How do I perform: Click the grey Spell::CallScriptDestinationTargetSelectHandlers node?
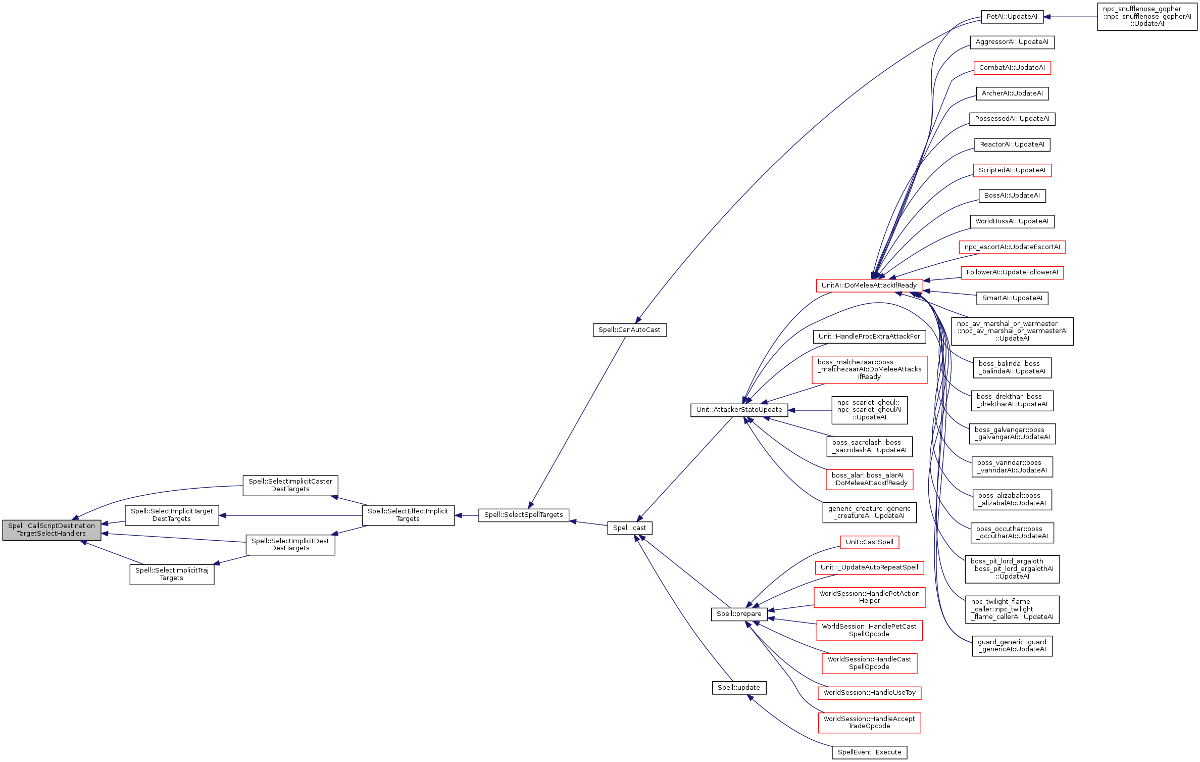(x=52, y=530)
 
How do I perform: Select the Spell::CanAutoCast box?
(x=629, y=330)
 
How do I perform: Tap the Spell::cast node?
(x=629, y=528)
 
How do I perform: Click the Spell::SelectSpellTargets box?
(x=523, y=515)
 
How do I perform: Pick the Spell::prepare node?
(x=739, y=614)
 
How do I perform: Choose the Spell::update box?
(x=739, y=688)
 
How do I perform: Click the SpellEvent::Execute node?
(x=869, y=752)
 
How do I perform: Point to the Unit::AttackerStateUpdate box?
(x=739, y=410)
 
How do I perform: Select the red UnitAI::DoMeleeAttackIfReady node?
(x=869, y=285)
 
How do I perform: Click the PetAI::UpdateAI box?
(x=1012, y=17)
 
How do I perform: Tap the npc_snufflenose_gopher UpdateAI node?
(x=1147, y=17)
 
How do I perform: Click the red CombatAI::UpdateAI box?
(x=1012, y=68)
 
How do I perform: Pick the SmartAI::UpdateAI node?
(x=1012, y=298)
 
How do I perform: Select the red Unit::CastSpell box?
(x=869, y=542)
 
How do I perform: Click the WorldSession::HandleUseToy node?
(x=869, y=693)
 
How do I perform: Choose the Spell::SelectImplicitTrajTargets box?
(x=172, y=575)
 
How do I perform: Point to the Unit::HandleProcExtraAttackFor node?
(x=869, y=337)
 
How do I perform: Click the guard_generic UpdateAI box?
(x=1012, y=646)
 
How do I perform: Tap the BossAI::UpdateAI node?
(x=1012, y=196)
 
